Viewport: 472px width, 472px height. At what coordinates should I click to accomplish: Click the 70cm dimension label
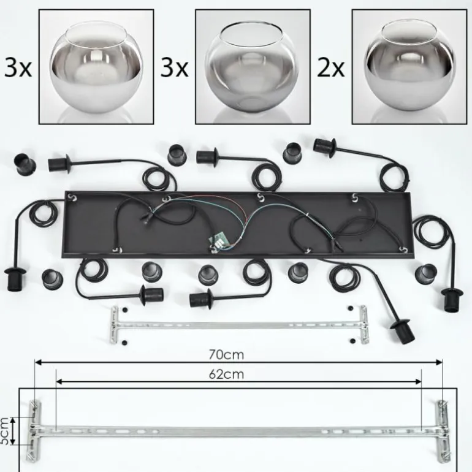pyautogui.click(x=226, y=355)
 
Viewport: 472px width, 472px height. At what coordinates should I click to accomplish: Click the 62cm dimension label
pyautogui.click(x=226, y=374)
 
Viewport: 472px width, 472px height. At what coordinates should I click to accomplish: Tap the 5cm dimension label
pyautogui.click(x=4, y=431)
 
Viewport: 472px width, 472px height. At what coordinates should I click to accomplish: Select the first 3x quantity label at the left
pyautogui.click(x=18, y=68)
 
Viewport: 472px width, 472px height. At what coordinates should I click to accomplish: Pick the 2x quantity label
pyautogui.click(x=330, y=68)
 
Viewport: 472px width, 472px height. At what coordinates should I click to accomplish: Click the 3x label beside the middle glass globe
pyautogui.click(x=174, y=68)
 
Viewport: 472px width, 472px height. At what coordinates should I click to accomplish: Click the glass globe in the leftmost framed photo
pyautogui.click(x=96, y=67)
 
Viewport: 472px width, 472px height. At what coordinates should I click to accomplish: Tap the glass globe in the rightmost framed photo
pyautogui.click(x=409, y=66)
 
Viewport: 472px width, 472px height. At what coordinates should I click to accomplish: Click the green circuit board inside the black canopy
pyautogui.click(x=218, y=240)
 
